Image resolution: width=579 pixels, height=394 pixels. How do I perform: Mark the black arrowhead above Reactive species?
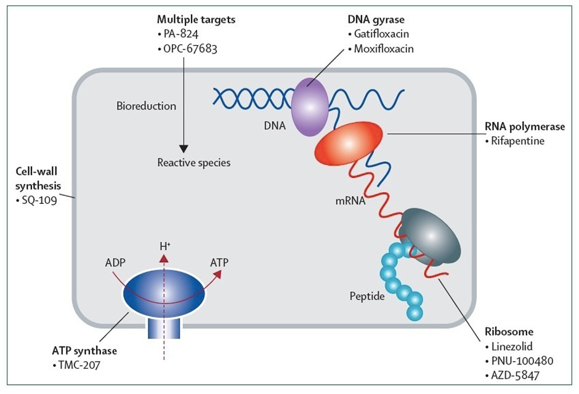[183, 148]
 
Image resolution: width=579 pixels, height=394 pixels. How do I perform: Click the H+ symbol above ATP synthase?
[164, 246]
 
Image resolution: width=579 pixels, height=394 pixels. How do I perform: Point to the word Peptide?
[366, 297]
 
